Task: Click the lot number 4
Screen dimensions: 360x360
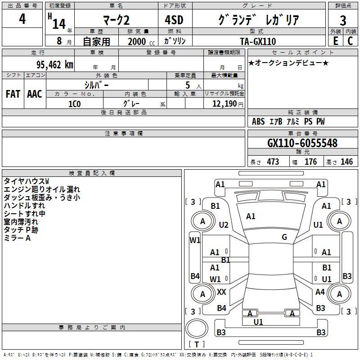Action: (22, 19)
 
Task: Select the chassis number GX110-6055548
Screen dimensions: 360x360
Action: (302, 143)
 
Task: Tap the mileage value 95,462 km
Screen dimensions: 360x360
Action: (54, 65)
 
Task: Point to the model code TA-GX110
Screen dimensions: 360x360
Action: (258, 41)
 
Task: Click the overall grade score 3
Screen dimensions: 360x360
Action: (343, 21)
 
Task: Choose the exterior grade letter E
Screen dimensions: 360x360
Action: (335, 41)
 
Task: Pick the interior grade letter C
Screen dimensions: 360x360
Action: (350, 41)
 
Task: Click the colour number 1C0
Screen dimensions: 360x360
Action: (75, 104)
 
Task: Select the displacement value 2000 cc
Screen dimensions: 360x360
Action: (141, 41)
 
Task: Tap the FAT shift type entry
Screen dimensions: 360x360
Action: (13, 94)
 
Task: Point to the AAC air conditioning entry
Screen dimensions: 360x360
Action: (35, 94)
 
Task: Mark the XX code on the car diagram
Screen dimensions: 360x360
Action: (221, 292)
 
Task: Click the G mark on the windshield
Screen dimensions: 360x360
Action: (284, 237)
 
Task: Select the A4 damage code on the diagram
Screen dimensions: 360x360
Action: (320, 292)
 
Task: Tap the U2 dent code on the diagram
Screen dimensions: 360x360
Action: (224, 225)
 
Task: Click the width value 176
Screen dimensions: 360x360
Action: (310, 162)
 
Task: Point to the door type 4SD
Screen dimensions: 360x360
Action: (174, 20)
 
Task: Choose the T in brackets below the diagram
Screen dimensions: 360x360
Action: (197, 344)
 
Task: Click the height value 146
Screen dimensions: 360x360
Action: (346, 162)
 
